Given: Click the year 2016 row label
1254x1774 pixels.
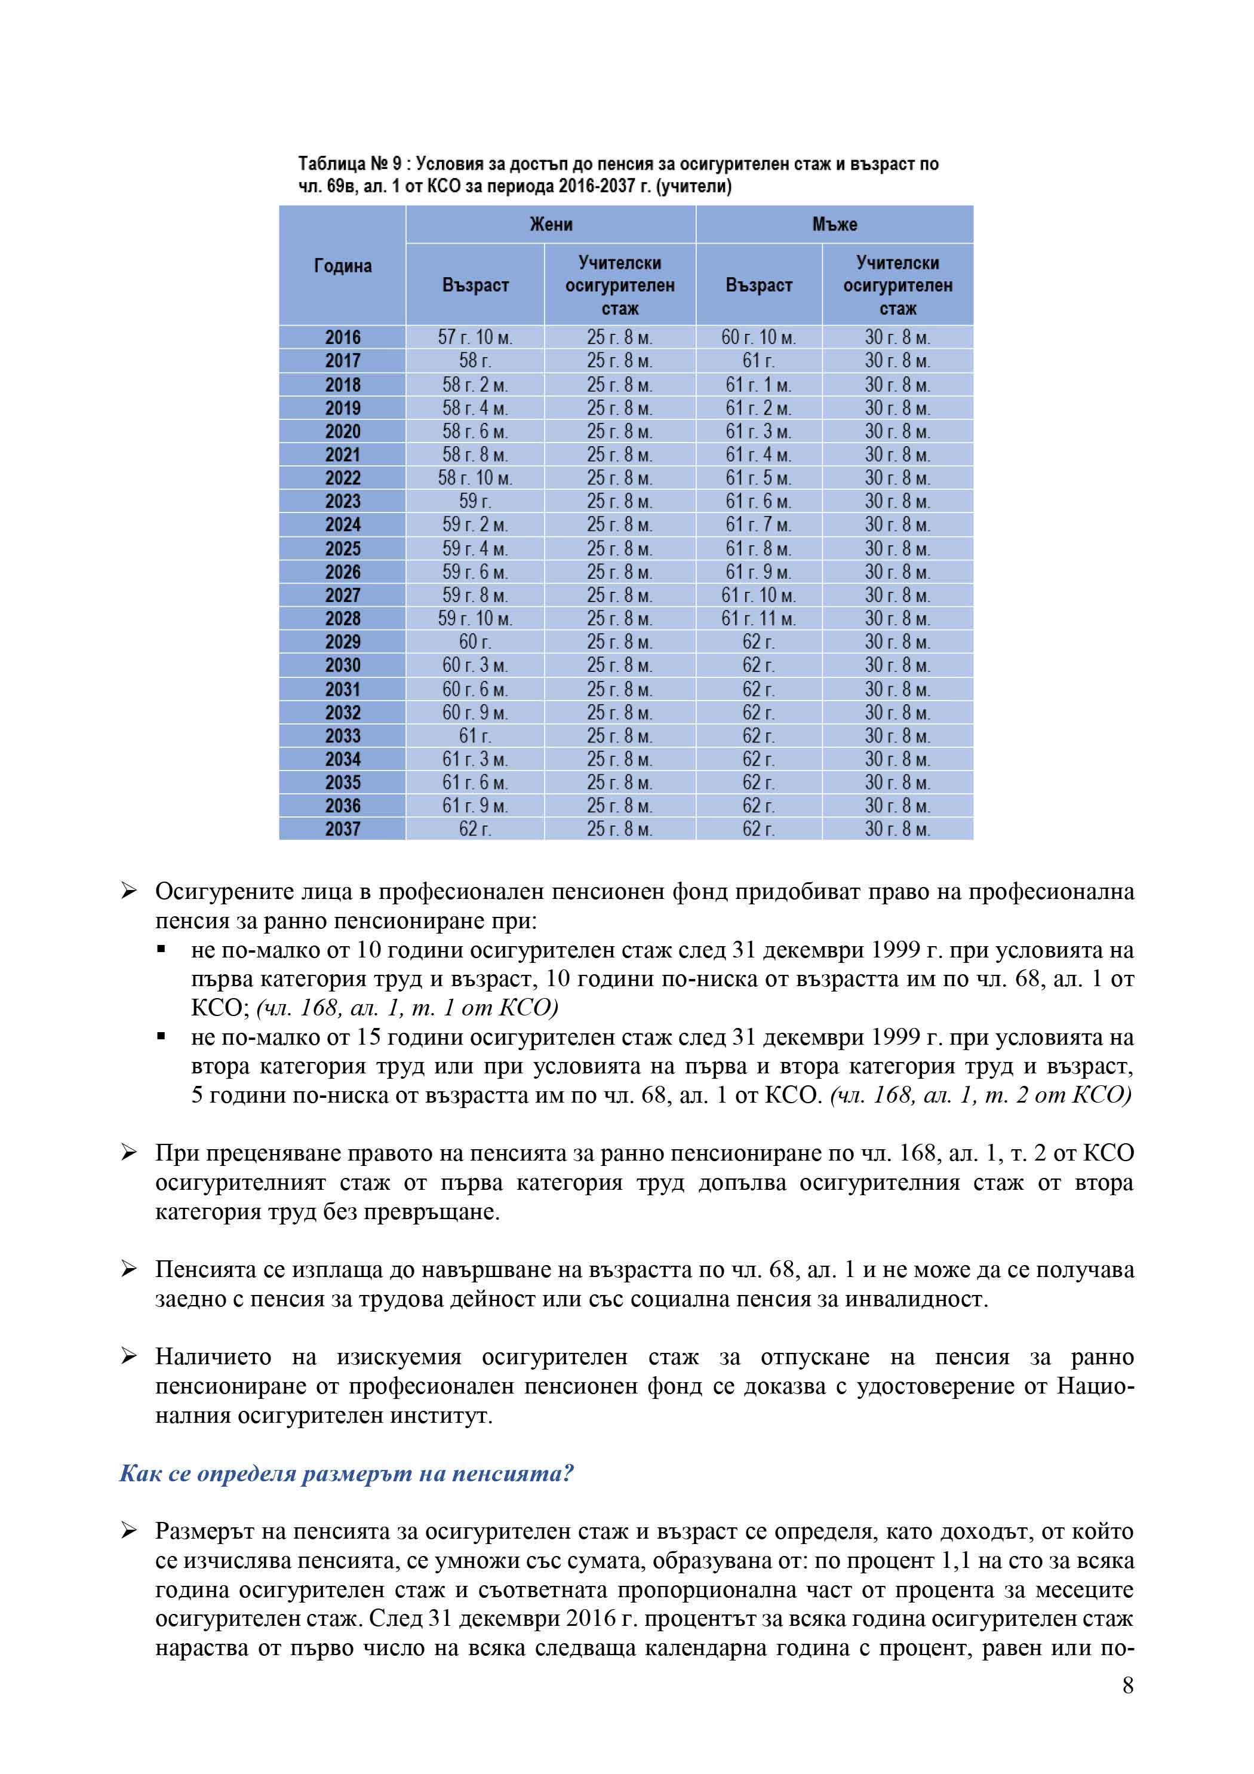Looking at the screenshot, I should [x=342, y=337].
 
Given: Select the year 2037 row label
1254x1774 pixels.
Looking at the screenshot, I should [x=342, y=829].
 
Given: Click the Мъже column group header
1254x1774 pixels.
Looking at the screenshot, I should [x=834, y=224].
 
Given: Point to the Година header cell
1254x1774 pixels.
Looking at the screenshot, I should [x=342, y=266].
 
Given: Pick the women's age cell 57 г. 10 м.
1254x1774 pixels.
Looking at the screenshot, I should [x=474, y=337].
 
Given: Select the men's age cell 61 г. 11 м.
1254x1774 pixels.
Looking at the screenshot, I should [x=758, y=619].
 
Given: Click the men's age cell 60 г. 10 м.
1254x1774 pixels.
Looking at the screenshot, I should [x=758, y=337].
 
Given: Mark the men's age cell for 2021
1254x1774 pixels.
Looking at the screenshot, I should [x=758, y=455].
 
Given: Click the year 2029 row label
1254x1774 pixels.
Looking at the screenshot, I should [x=342, y=642].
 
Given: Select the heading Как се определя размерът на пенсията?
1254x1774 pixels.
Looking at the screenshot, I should [x=346, y=1474].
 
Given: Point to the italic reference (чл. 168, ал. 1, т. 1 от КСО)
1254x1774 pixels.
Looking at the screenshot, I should [x=407, y=1008].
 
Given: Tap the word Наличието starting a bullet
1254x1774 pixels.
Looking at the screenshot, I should [x=213, y=1356].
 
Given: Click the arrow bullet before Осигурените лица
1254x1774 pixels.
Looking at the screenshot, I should [x=129, y=892].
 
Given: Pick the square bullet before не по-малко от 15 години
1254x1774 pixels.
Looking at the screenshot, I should [x=161, y=1037].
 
